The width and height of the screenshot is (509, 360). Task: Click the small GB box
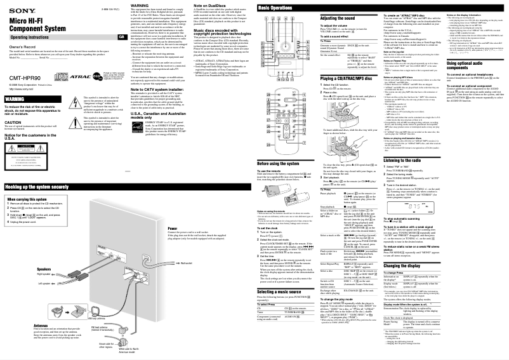point(122,37)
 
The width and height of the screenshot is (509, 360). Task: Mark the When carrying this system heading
point(29,199)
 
